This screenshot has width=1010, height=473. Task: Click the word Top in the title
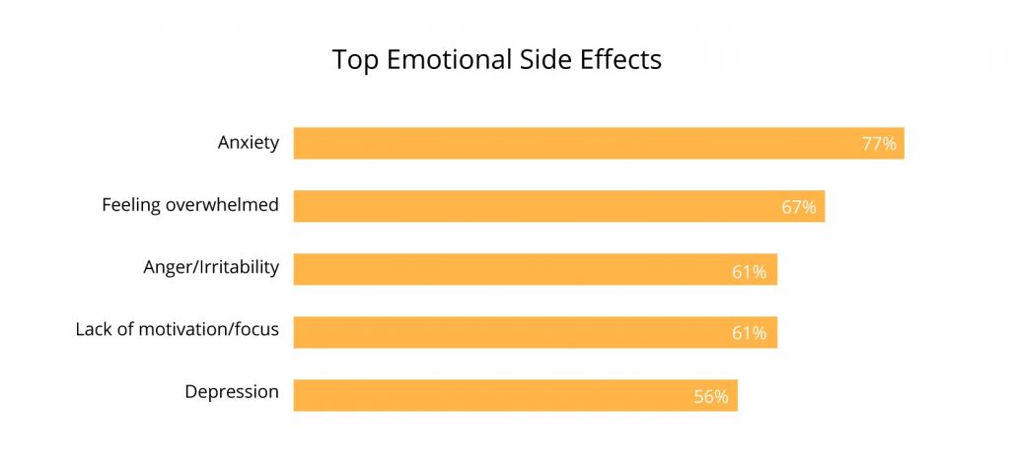coord(353,60)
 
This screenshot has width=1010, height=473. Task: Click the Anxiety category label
coord(249,143)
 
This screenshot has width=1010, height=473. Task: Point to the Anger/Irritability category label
coord(212,267)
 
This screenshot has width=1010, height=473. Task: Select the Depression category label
coord(232,392)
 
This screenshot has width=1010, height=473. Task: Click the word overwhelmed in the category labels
coord(222,205)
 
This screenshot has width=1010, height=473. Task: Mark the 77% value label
coord(879,144)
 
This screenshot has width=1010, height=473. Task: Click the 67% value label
coord(799,207)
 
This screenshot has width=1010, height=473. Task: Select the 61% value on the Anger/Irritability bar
coord(749,271)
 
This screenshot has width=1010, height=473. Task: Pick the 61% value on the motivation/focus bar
coord(749,333)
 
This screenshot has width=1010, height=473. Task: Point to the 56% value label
coord(710,397)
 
